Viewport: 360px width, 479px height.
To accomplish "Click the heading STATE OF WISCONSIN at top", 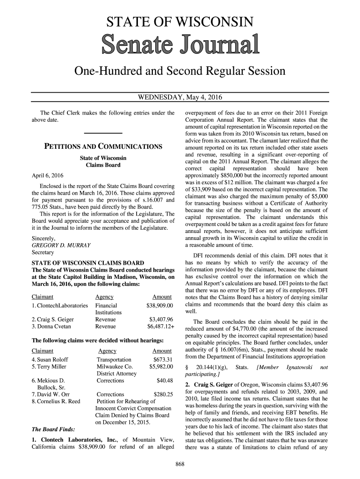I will tap(180, 22).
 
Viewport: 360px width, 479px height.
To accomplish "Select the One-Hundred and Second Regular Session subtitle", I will tap(180, 72).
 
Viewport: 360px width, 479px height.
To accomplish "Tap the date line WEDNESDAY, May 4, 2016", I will tap(180, 98).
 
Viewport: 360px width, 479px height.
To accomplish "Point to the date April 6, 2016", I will tap(47, 175).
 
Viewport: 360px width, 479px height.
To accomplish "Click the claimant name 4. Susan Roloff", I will tap(48, 359).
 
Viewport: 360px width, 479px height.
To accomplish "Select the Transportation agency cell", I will tap(114, 359).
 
